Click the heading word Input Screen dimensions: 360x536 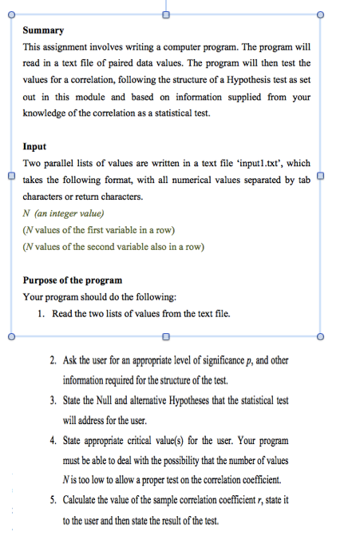pos(34,147)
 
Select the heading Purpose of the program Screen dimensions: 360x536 pos(73,280)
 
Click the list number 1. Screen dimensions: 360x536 pos(41,314)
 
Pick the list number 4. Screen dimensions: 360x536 pos(53,441)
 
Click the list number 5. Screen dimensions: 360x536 pos(53,501)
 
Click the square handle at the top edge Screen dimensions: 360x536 pos(166,14)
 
